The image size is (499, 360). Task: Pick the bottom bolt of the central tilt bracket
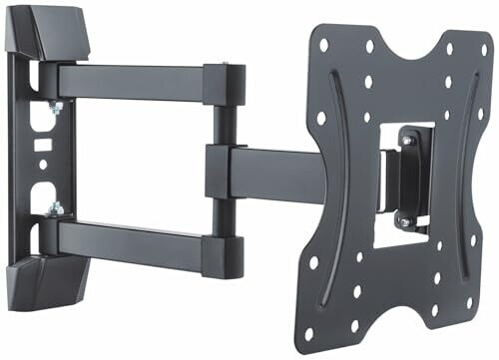click(404, 220)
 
